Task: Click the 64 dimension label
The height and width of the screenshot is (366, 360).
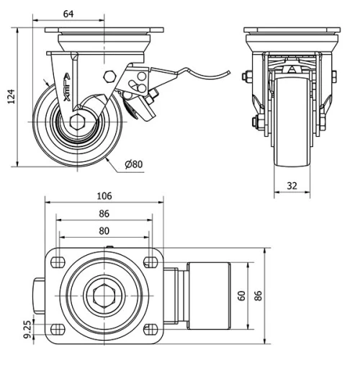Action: [69, 13]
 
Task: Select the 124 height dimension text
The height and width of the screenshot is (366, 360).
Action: [9, 97]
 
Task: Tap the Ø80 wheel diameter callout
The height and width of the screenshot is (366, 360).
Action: [134, 164]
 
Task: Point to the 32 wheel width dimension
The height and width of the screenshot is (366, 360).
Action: [292, 185]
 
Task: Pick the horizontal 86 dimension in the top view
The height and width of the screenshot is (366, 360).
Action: [104, 214]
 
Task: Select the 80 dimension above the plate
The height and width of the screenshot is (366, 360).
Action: [104, 231]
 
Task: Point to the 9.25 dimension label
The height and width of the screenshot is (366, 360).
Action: [27, 330]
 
